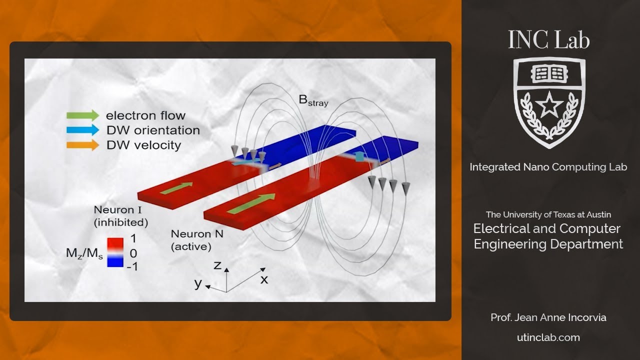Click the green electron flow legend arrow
point(82,115)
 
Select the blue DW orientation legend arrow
point(82,130)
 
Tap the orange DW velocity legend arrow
point(82,145)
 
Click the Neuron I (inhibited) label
point(120,215)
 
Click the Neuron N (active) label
point(191,240)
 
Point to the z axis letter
point(217,265)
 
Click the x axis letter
point(264,279)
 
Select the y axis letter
point(198,283)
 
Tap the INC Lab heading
point(549,40)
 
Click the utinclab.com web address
point(548,337)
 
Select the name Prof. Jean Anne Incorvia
point(548,317)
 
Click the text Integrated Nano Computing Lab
point(548,167)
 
